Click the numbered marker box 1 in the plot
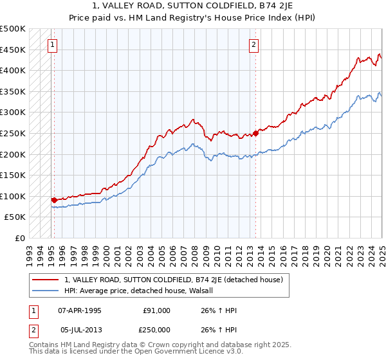(x=51, y=44)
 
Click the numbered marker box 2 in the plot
(x=254, y=44)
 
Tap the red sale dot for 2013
(x=255, y=134)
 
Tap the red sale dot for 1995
(x=54, y=200)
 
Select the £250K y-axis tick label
(x=13, y=133)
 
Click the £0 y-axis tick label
(x=21, y=238)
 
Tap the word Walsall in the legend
(x=208, y=291)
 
